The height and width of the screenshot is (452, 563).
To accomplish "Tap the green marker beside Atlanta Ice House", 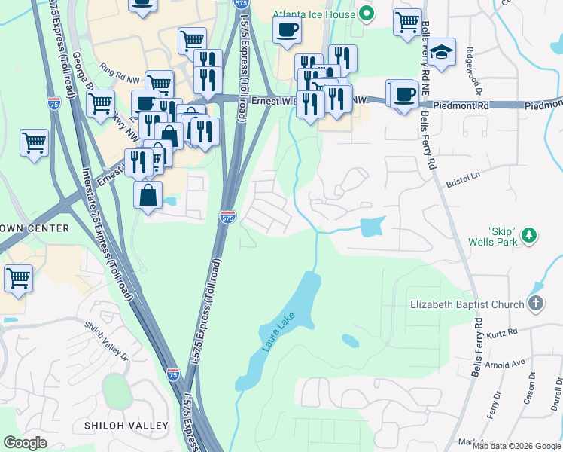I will point(367,13).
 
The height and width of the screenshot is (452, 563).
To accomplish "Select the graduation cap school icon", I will point(442,52).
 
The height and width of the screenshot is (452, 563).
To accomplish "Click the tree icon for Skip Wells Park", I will point(529,236).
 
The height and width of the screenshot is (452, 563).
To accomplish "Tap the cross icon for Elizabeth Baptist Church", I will point(535,304).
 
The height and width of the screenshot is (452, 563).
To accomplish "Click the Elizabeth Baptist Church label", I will point(467,305).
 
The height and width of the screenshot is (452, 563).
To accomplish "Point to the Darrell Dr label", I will point(555,395).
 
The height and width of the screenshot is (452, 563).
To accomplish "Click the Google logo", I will point(25,443).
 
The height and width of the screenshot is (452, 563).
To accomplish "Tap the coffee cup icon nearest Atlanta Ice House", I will point(287,31).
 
